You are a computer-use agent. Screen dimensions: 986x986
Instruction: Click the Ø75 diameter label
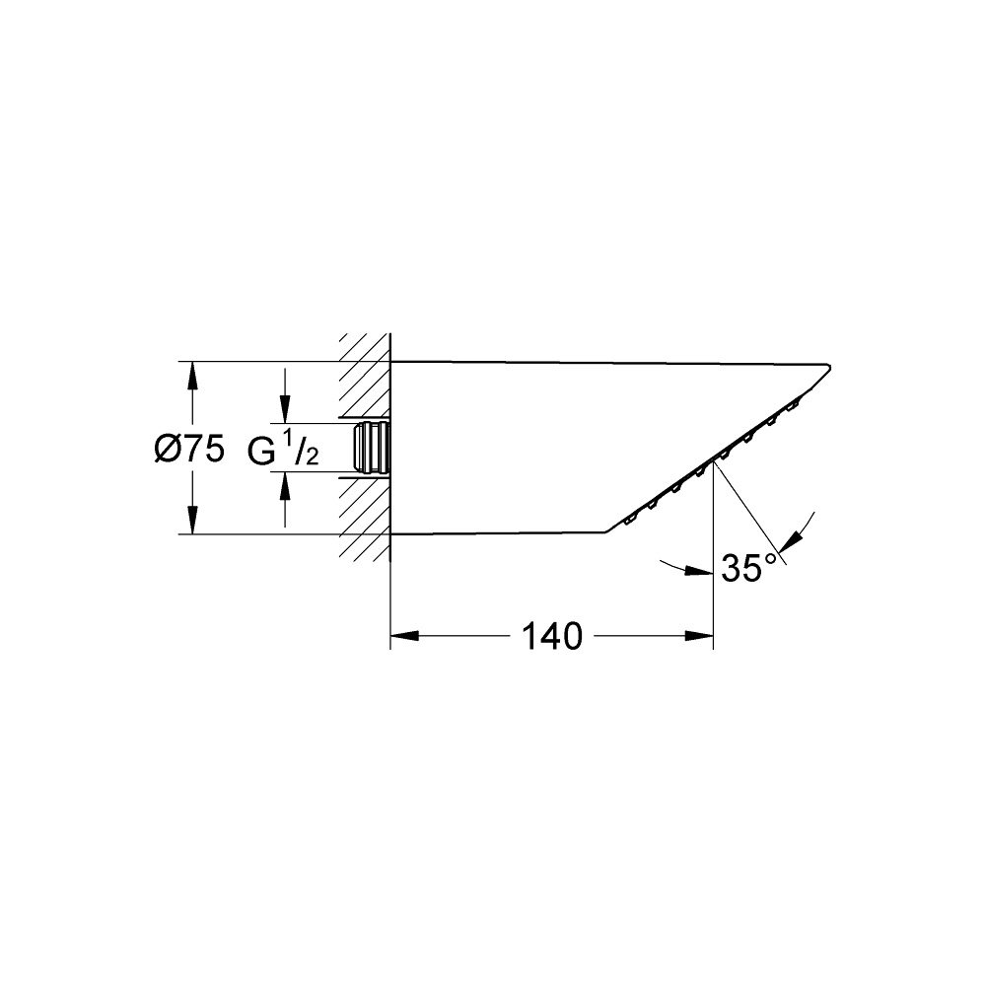pos(189,450)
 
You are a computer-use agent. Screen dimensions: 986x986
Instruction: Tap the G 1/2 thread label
pos(283,450)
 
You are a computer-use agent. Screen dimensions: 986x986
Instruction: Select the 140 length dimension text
pos(553,636)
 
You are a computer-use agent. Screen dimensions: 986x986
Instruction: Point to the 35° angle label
pos(750,569)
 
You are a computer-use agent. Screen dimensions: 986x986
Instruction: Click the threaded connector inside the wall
pos(372,447)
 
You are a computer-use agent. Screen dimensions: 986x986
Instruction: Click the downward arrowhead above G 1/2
pos(285,409)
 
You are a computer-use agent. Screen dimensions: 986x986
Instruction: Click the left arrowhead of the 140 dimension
pos(405,636)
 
